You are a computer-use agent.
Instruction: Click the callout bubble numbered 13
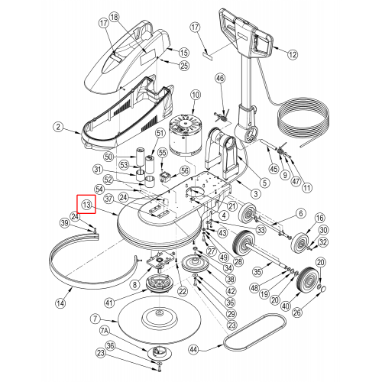click(86, 205)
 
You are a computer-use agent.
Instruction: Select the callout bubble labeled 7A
click(104, 331)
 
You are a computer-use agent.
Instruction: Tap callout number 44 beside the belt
click(194, 349)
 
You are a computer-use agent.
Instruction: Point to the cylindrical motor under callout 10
click(183, 138)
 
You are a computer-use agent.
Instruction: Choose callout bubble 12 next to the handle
click(293, 54)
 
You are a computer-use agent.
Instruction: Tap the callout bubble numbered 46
click(221, 78)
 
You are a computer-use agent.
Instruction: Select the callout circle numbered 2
click(59, 127)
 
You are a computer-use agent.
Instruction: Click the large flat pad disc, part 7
click(160, 322)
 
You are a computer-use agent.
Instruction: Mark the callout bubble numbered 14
click(60, 303)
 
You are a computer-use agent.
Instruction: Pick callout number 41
click(109, 303)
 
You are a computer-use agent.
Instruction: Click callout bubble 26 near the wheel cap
click(297, 312)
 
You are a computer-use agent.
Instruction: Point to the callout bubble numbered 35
click(257, 272)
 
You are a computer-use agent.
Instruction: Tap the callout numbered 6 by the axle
click(301, 213)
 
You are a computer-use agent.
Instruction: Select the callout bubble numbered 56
click(185, 170)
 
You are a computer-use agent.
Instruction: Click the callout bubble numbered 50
click(108, 157)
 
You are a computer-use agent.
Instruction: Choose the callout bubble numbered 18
click(115, 18)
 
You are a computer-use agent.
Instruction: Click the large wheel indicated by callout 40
click(307, 280)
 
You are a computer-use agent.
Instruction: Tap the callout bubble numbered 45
click(274, 169)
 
